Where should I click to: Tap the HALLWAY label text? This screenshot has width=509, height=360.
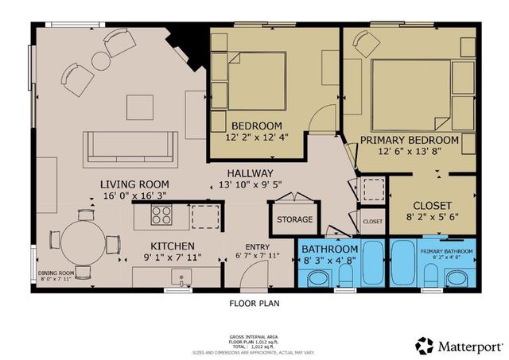(x=251, y=173)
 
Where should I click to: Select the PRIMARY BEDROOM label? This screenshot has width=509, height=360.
(x=410, y=140)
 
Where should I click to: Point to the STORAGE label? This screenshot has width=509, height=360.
(x=294, y=219)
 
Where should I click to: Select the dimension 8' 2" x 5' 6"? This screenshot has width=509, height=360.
(x=433, y=215)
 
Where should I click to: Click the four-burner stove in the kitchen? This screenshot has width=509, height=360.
(x=162, y=214)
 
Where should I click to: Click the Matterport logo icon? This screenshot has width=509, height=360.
(x=424, y=346)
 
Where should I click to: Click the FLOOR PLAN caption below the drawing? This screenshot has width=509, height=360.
(x=254, y=303)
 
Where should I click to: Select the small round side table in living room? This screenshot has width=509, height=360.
(x=101, y=60)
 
